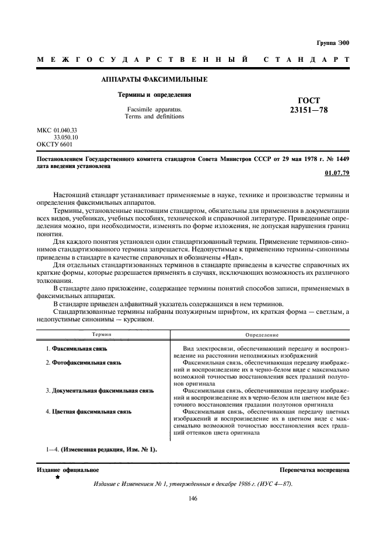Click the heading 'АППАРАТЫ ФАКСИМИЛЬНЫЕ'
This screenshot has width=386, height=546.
155,79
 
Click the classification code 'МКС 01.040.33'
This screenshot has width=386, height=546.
57,129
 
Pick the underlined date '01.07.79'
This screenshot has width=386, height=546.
336,173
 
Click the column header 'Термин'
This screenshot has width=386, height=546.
102,335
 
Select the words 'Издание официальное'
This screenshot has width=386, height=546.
68,469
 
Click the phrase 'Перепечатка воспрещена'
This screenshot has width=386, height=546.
314,469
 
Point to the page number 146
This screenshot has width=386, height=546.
193,499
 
